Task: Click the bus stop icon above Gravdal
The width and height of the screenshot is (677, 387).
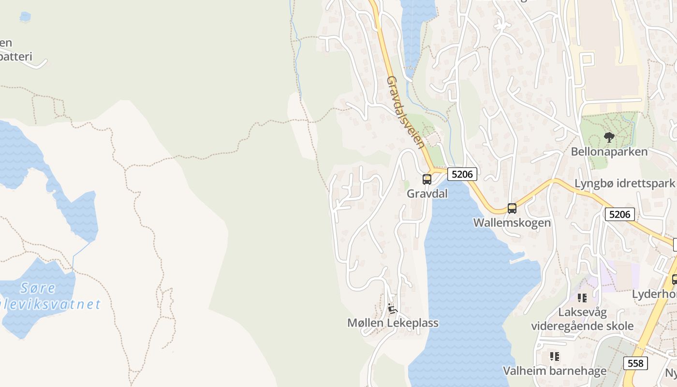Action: click(x=427, y=179)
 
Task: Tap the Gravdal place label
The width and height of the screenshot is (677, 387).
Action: click(x=427, y=193)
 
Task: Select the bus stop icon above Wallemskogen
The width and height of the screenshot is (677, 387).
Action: click(x=512, y=208)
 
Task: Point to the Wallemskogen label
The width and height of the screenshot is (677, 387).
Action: click(x=512, y=223)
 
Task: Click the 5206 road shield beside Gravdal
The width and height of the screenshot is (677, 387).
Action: click(x=462, y=174)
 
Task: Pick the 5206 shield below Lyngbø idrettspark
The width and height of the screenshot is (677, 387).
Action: click(x=619, y=214)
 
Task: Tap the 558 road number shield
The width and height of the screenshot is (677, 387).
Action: click(x=635, y=363)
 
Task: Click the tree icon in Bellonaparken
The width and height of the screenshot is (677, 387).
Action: click(x=609, y=137)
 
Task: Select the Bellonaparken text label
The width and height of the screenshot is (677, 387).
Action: click(x=609, y=151)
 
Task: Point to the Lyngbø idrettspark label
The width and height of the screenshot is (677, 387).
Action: click(x=624, y=183)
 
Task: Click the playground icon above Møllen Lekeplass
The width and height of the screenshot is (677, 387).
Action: click(x=392, y=309)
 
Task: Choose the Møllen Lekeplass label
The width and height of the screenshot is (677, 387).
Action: click(x=393, y=323)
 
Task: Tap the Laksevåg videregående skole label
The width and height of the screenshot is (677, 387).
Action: click(x=582, y=319)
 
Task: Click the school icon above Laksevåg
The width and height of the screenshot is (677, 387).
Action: click(x=582, y=298)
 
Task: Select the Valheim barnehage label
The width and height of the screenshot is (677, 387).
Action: click(x=554, y=371)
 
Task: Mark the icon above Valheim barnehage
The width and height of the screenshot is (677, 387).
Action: click(x=554, y=357)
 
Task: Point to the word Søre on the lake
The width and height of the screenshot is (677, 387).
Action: click(x=38, y=288)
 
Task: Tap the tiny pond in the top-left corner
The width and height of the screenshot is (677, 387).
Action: click(x=25, y=17)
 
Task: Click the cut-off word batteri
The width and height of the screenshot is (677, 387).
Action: click(x=15, y=57)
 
